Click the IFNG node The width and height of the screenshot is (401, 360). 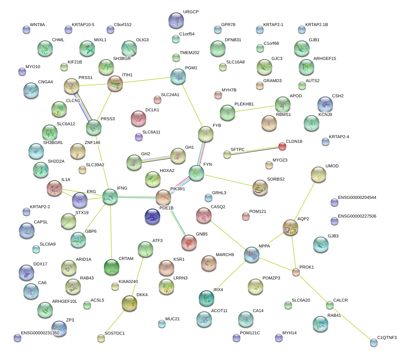point(110,197)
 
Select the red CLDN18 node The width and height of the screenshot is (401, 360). point(282,146)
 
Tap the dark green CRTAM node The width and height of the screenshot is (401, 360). point(112,267)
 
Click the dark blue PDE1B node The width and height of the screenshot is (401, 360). point(152,216)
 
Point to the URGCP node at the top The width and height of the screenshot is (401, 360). point(176,20)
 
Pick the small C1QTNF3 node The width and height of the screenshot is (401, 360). point(374,342)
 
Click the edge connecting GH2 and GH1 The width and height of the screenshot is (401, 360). point(156,159)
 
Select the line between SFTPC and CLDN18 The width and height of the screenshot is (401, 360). point(254,151)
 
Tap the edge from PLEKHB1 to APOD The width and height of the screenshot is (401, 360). point(255,109)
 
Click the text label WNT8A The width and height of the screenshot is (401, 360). point(37,25)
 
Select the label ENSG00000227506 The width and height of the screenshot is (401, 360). point(357,216)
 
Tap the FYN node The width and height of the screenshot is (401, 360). point(196,173)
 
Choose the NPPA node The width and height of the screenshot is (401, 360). point(252,255)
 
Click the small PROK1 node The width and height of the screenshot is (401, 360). point(296,272)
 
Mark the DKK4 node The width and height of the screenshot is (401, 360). point(130,303)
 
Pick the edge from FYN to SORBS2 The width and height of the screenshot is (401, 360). point(228,180)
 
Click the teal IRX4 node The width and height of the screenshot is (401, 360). point(207,298)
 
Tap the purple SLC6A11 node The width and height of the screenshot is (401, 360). point(138,137)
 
